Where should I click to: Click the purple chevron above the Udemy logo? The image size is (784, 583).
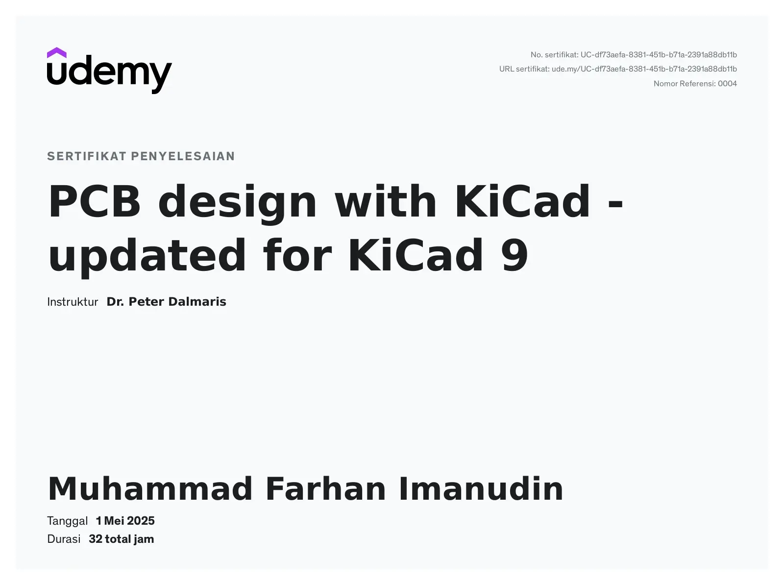[56, 53]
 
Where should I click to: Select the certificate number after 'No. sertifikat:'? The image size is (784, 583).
[659, 55]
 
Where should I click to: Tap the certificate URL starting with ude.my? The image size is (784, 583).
[644, 69]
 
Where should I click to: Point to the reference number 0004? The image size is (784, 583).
[727, 84]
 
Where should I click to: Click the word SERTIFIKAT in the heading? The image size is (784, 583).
[87, 156]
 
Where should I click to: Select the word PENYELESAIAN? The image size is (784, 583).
[183, 156]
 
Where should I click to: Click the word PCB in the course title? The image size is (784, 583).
[95, 201]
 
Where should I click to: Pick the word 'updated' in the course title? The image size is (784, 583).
[147, 257]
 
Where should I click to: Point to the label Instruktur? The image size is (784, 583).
[73, 302]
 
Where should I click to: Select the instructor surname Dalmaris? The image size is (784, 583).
[197, 302]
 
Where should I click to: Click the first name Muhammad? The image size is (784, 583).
[150, 489]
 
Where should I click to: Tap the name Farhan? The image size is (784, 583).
[325, 489]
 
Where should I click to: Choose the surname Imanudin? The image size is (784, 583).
[481, 489]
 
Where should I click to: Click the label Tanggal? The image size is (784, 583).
[68, 521]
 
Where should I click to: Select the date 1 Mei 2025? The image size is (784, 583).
[125, 521]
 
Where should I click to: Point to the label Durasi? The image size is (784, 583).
[64, 539]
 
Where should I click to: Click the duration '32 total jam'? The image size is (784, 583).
[121, 539]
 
